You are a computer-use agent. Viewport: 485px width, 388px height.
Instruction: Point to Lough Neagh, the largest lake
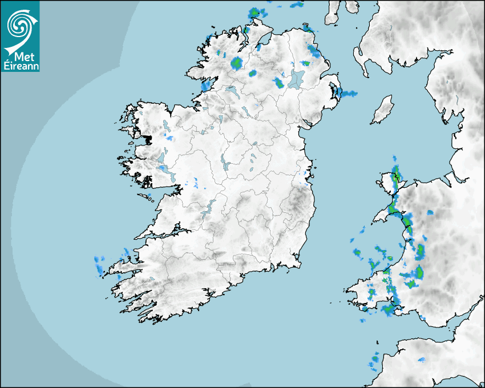point(297,78)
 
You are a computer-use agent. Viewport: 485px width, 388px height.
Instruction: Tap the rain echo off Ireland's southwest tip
point(99,264)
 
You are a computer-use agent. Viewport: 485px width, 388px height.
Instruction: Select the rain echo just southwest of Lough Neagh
point(279,83)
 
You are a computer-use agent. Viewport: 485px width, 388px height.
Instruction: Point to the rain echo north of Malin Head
point(257,12)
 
